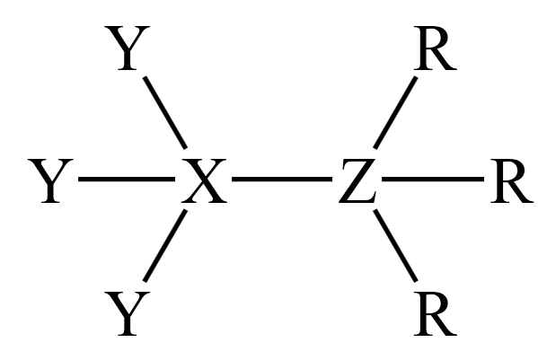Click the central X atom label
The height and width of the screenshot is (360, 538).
click(x=204, y=180)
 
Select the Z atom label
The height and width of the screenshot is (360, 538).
click(x=357, y=180)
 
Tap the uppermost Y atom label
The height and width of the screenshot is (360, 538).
click(x=127, y=48)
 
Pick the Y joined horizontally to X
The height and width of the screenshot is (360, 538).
click(x=50, y=180)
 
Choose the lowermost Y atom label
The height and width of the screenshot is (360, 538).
click(x=127, y=313)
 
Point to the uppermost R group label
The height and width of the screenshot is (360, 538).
click(x=435, y=48)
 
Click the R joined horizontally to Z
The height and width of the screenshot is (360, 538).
click(x=511, y=180)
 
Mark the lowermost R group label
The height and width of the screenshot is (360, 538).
click(x=435, y=313)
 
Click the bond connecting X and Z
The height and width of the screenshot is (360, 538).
click(x=282, y=179)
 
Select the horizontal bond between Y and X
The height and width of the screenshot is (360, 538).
click(x=127, y=179)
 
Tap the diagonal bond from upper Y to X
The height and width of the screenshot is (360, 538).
click(x=165, y=112)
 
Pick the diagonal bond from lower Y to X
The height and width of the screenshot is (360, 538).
click(x=165, y=245)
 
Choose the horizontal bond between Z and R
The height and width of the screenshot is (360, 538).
click(x=433, y=179)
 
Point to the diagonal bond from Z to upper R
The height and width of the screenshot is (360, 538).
click(x=395, y=112)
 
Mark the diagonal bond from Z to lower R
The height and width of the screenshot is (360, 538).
click(x=395, y=245)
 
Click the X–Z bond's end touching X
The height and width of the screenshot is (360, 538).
click(x=232, y=179)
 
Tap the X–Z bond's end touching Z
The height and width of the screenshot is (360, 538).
click(x=331, y=179)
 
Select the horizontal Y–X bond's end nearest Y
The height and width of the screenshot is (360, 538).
click(x=78, y=179)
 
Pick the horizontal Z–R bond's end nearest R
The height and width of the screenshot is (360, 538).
click(x=484, y=179)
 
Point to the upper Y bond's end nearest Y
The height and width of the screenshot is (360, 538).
click(x=145, y=77)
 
